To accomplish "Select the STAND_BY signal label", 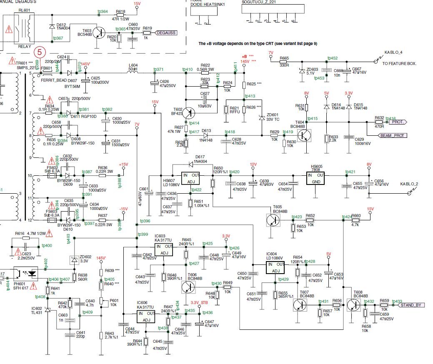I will point(413,305).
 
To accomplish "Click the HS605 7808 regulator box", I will point(320,178).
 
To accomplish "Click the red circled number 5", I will point(40,52).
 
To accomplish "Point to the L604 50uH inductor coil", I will point(133,72).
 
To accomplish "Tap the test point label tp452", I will point(333,58).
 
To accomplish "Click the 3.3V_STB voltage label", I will point(199,303).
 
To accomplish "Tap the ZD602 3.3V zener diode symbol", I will point(75,260).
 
